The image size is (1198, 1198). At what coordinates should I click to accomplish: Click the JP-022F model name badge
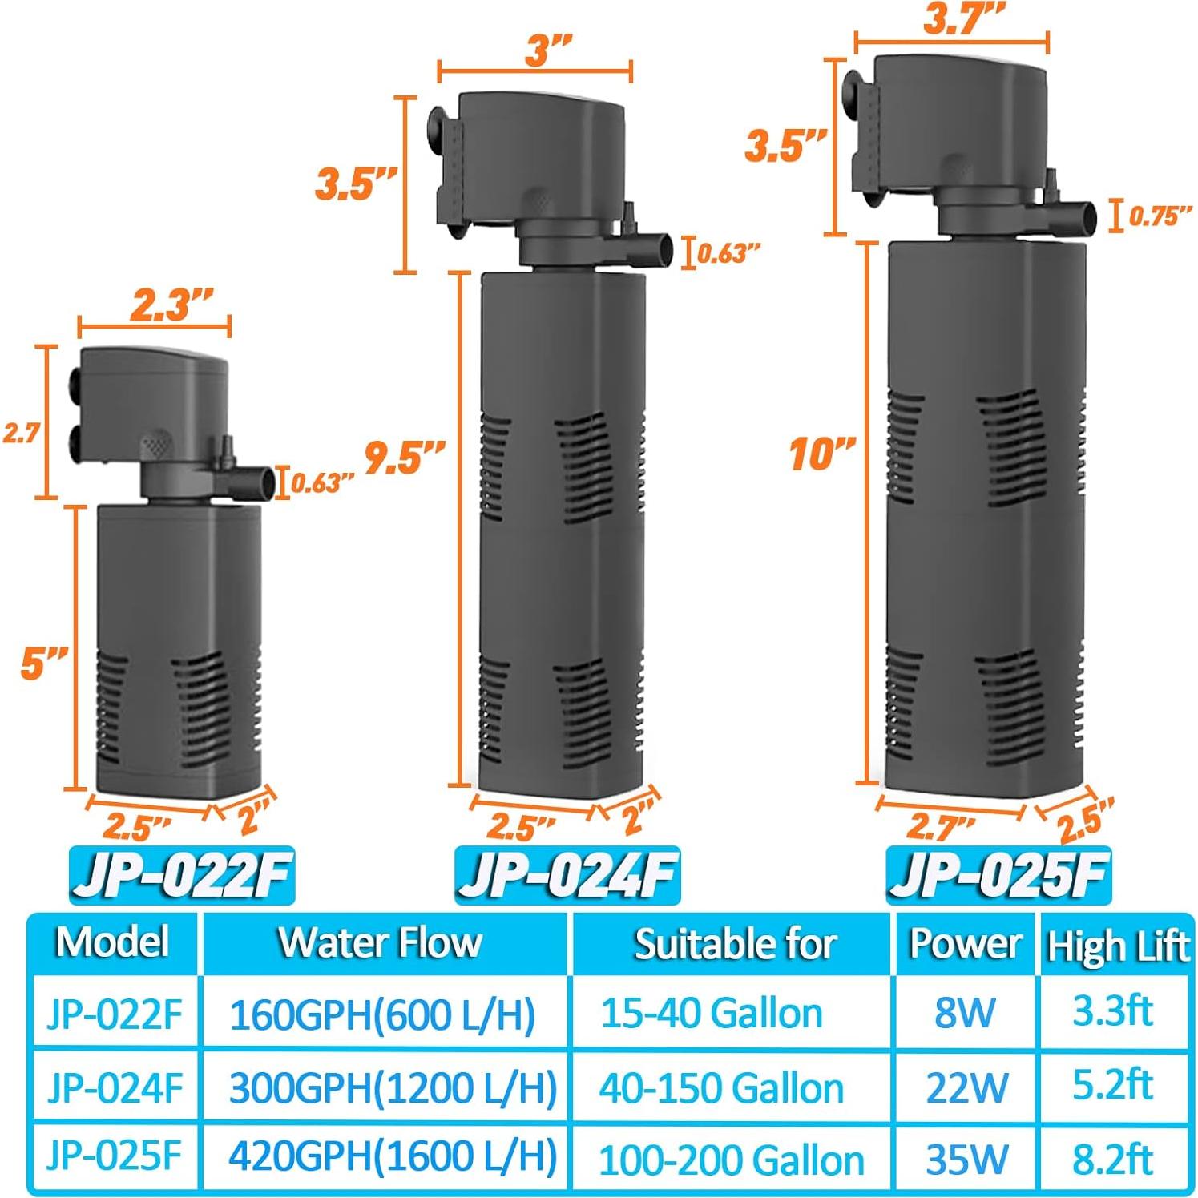[x=182, y=875]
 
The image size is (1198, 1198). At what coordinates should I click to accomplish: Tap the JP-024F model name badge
[x=567, y=875]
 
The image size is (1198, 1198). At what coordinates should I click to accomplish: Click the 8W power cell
[x=965, y=1013]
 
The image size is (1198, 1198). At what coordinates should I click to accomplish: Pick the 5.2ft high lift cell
[x=1113, y=1086]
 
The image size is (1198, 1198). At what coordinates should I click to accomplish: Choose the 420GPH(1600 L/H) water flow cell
[x=393, y=1156]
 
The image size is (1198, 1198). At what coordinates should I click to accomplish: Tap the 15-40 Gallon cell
[x=712, y=1013]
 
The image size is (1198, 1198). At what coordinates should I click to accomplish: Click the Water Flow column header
[x=381, y=943]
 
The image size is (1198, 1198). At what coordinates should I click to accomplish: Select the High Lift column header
[x=1117, y=946]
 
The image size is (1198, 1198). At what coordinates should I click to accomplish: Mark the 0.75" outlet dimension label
[x=1160, y=216]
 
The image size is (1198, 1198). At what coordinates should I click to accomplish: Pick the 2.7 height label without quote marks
[x=21, y=434]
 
